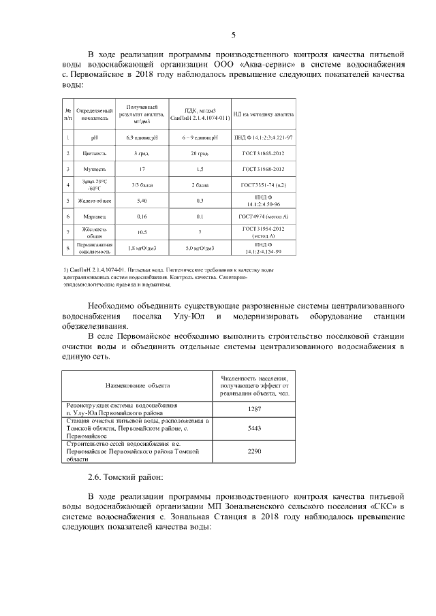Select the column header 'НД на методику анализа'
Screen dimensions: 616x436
tap(262, 114)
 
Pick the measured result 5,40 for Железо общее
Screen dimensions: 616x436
tap(141, 201)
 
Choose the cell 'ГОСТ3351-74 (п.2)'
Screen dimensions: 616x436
tap(262, 184)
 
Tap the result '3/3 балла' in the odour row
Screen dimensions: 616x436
tap(141, 184)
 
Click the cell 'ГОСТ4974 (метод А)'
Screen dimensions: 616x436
tap(263, 216)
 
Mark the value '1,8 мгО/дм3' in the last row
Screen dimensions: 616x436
tap(141, 248)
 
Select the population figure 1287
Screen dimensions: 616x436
tap(254, 408)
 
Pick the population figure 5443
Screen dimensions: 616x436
tap(254, 429)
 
